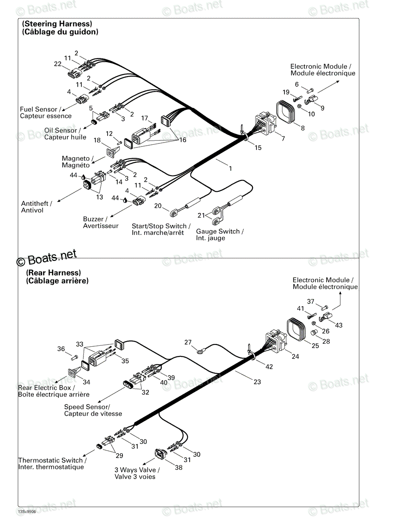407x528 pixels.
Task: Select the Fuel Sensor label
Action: pos(46,113)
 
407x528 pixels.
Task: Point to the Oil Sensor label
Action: pos(65,134)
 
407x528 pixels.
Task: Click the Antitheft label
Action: pos(36,207)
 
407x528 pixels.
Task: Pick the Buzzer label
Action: pos(101,222)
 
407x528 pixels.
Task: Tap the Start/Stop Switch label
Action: pos(161,229)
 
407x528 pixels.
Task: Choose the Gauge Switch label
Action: pos(220,235)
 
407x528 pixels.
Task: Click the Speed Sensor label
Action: pos(93,411)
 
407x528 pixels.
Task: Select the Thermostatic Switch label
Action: pos(52,464)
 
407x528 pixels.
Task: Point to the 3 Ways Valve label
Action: pos(137,473)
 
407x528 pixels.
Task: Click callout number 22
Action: pos(58,64)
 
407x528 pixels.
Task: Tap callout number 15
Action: pos(258,148)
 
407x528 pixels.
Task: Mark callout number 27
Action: pos(188,342)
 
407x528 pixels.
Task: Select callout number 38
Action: pos(179,467)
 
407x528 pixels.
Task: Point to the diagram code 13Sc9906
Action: pos(27,511)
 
